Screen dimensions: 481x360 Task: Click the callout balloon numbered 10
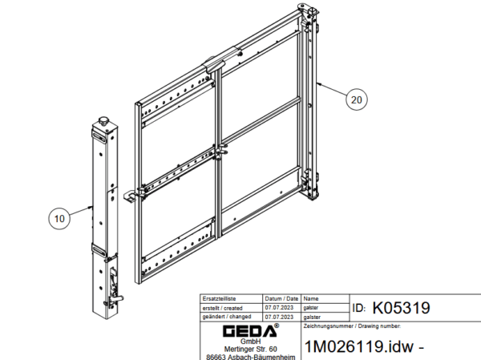59,218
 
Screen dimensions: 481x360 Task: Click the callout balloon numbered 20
356,99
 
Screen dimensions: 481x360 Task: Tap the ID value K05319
401,308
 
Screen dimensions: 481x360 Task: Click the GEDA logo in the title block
251,330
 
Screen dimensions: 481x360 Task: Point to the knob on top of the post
103,120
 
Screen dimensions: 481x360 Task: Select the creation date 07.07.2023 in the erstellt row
279,308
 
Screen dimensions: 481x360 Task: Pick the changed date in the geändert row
279,317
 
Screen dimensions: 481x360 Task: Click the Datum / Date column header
281,298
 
